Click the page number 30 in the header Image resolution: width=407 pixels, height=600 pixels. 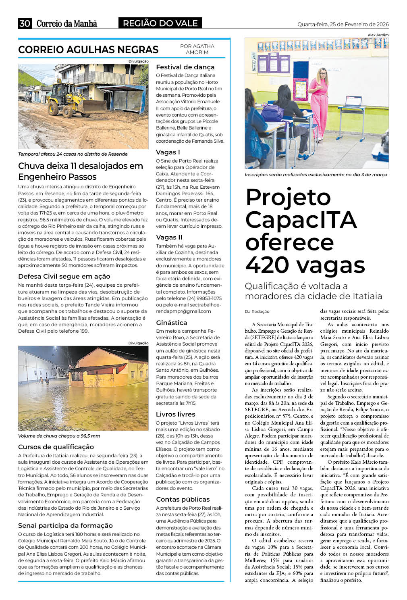[25, 23]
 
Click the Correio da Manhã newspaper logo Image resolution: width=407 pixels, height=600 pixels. [67, 23]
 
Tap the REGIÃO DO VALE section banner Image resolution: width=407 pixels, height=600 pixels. [160, 23]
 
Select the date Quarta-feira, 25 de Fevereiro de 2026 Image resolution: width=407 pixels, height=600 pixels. [343, 24]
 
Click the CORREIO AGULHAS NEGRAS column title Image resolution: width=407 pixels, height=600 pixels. [88, 50]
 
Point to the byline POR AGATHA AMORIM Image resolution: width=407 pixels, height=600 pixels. [197, 49]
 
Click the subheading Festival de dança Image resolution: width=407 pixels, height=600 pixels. [185, 67]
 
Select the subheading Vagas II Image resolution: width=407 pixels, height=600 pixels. [169, 237]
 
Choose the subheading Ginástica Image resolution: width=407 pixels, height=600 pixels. [171, 323]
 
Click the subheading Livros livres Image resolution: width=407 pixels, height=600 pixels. [175, 414]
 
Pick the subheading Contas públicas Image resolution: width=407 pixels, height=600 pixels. [183, 499]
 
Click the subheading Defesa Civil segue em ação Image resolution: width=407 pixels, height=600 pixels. [64, 276]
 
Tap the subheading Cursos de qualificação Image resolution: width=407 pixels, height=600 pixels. [56, 447]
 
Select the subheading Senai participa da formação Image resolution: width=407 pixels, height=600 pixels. [65, 525]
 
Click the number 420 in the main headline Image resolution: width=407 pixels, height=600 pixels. [269, 265]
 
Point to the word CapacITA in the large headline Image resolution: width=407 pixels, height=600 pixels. [301, 220]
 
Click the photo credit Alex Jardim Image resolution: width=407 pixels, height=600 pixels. [378, 35]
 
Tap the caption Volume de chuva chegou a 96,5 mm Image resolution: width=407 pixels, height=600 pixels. [59, 436]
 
